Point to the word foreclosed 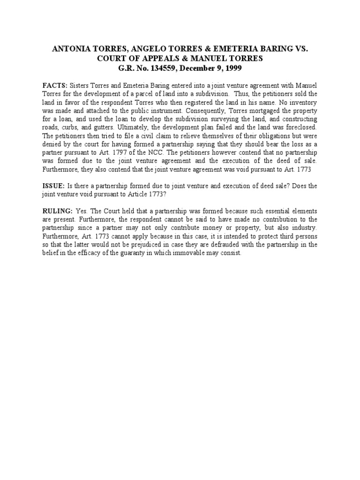(x=300, y=127)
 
